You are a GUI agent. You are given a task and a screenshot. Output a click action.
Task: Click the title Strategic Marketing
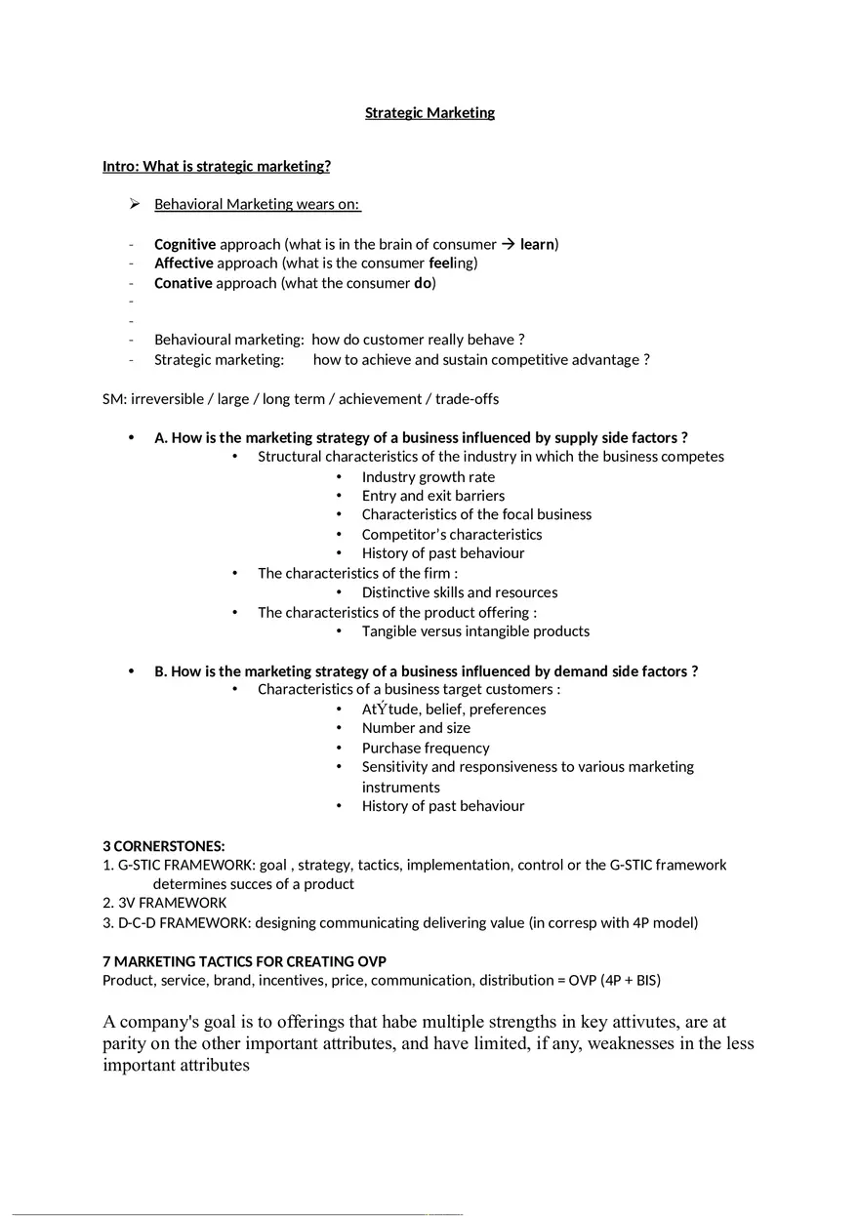429,112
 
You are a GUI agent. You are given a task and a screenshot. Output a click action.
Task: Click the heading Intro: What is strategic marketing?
217,166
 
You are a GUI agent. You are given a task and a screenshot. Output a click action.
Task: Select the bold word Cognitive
184,244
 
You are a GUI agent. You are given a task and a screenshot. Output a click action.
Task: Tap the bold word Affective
184,263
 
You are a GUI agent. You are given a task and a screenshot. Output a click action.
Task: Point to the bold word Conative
183,283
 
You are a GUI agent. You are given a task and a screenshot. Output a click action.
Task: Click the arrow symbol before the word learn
509,244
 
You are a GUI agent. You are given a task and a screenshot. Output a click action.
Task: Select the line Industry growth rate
428,476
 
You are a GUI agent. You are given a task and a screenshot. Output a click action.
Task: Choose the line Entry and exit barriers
432,496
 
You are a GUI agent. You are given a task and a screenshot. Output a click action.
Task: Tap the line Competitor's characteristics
451,534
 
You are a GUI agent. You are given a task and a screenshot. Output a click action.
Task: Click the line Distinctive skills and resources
459,592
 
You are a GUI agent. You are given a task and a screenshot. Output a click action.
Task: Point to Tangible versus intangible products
475,630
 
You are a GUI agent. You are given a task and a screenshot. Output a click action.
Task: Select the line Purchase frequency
425,748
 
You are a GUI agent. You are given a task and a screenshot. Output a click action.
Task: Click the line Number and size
416,728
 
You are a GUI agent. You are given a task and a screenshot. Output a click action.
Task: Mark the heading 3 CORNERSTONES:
164,845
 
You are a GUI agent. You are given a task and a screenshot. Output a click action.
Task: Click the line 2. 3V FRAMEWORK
164,903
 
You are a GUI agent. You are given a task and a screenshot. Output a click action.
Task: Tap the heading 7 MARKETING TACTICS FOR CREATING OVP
244,961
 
